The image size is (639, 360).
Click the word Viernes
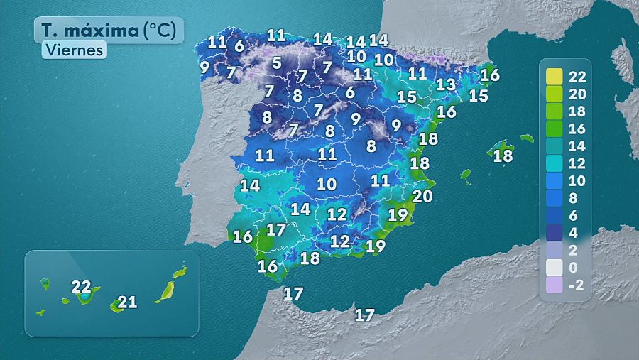tap(73, 50)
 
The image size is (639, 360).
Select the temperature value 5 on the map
tap(276, 63)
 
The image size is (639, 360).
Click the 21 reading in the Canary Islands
tap(127, 302)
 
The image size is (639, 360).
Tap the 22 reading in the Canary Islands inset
tap(81, 288)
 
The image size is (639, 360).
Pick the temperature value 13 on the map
tap(445, 84)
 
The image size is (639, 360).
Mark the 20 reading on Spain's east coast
tap(422, 196)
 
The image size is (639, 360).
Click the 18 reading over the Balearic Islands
tap(503, 156)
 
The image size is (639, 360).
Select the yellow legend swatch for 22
tap(555, 77)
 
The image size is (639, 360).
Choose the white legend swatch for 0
tap(555, 268)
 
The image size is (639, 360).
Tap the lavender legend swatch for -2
tap(555, 285)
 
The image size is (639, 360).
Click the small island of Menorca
tap(526, 138)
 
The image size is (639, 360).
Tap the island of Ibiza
tap(466, 174)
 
